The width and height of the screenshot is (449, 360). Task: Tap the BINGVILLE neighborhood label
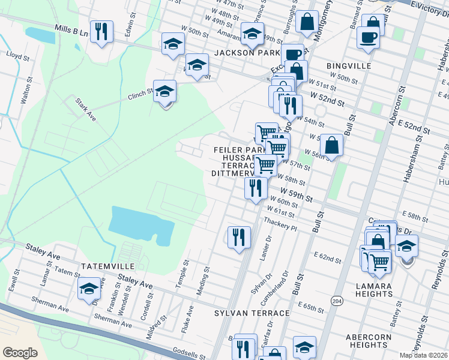coord(349,65)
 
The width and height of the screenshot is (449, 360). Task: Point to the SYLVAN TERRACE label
coord(252,313)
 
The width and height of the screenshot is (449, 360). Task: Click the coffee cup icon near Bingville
coord(368,37)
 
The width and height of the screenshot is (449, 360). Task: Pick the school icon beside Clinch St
coord(164,92)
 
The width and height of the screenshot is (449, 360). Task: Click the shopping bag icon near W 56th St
coord(331,145)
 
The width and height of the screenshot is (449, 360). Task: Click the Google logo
coord(20,352)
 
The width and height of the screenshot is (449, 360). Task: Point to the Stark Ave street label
coord(86,109)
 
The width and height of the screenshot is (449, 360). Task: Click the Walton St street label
coord(26,91)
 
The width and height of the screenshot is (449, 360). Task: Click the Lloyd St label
coord(18,56)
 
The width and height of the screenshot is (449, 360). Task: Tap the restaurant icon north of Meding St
coord(239,236)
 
